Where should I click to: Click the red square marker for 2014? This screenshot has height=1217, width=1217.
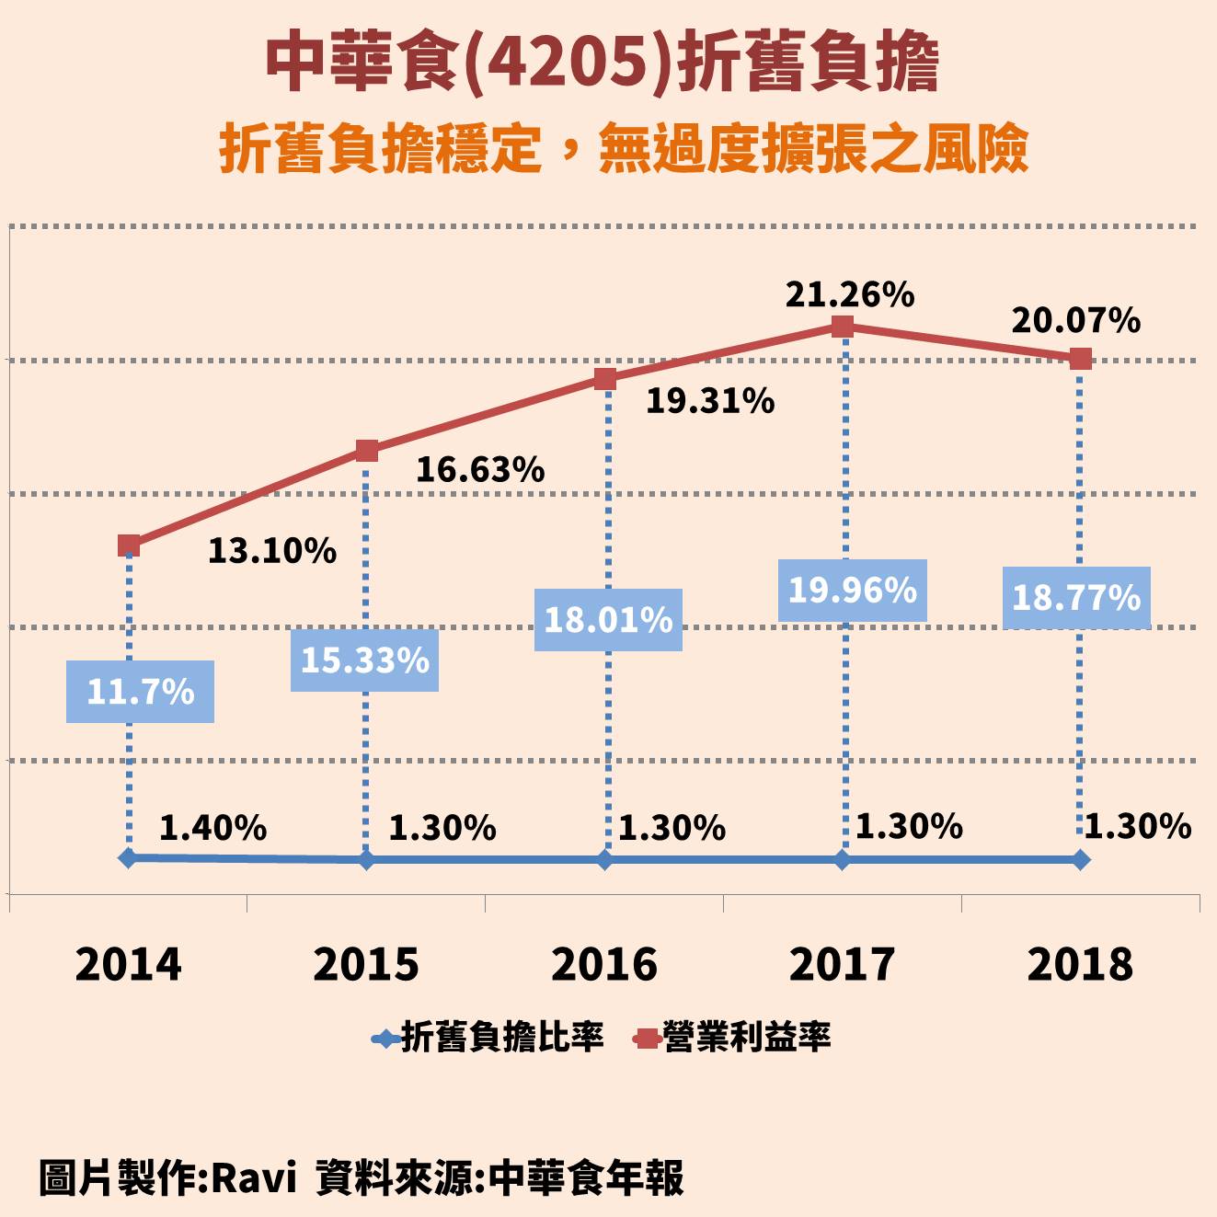click(129, 545)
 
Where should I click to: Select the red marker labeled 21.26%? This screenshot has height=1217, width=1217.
click(842, 327)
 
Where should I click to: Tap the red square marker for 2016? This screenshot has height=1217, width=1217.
click(604, 379)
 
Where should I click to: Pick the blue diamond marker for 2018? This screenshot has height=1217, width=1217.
click(1080, 860)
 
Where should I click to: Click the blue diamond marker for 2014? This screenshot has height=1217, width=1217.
click(129, 857)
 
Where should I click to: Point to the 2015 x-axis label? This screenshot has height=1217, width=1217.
click(366, 964)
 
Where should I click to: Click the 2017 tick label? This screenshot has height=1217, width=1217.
click(842, 964)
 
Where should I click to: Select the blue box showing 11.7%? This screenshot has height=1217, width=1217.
click(140, 692)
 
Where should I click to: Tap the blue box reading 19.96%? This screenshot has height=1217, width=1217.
click(852, 591)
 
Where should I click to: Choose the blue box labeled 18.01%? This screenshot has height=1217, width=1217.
click(608, 620)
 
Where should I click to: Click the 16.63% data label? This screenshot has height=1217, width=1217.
click(480, 470)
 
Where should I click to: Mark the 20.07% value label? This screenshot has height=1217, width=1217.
click(1075, 321)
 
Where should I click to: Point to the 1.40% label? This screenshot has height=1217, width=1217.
click(212, 828)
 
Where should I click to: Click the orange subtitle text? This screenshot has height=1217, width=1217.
click(623, 149)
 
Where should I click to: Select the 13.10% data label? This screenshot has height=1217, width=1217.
click(271, 551)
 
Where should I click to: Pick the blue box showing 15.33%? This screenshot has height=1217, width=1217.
click(364, 660)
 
